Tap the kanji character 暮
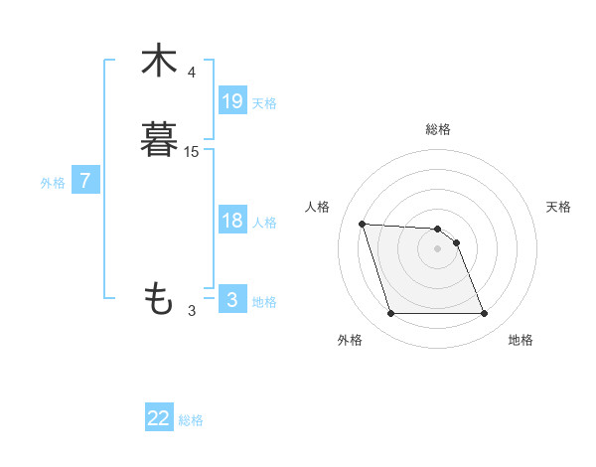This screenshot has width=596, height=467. [159, 139]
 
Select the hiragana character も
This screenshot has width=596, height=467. [159, 297]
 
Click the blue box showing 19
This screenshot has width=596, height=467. [232, 100]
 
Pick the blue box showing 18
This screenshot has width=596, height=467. [232, 221]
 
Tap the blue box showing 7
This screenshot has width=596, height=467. [86, 181]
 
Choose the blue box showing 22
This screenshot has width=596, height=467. [159, 418]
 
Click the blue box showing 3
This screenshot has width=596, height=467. [232, 300]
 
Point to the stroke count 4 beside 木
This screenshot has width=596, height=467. [192, 73]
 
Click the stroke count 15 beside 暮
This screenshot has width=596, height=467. [192, 151]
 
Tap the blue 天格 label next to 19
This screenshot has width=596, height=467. [264, 102]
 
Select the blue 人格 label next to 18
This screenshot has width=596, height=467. [264, 223]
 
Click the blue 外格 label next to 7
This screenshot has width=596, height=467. [53, 183]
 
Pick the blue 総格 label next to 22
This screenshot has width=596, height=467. [191, 420]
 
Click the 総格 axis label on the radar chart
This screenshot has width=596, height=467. [438, 129]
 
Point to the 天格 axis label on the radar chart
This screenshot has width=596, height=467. [559, 207]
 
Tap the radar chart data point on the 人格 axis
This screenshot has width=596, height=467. [362, 224]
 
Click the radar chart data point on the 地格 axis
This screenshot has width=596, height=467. [484, 314]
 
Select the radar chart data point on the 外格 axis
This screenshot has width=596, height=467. [390, 314]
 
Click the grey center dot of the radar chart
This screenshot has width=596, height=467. [438, 248]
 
